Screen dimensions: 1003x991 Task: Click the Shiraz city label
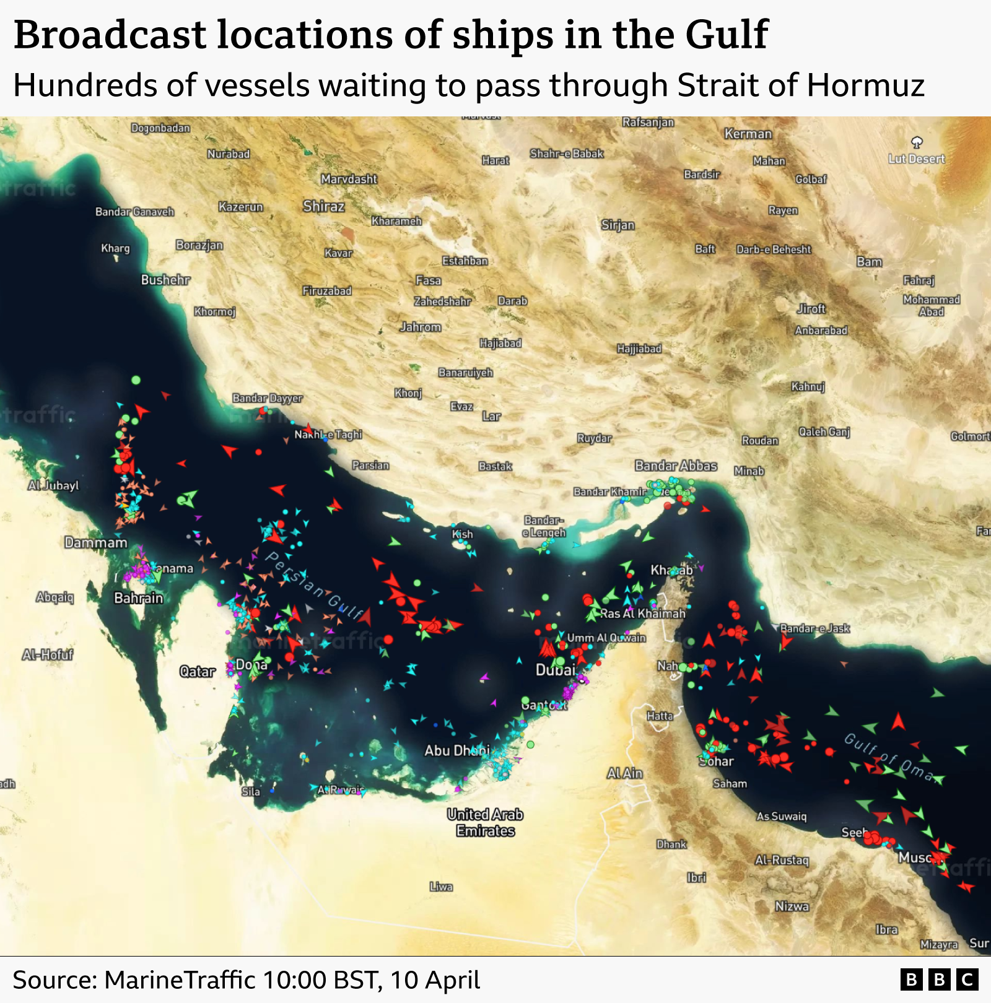point(323,206)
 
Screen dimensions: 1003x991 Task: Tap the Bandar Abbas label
point(676,466)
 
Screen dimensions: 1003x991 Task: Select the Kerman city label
point(748,134)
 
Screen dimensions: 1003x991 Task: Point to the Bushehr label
point(165,280)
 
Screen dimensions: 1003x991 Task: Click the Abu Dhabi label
point(456,750)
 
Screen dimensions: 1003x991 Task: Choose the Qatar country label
point(197,671)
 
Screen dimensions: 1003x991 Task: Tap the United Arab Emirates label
point(486,822)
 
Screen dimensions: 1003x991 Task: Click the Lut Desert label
point(917,158)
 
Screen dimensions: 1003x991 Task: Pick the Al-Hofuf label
point(48,654)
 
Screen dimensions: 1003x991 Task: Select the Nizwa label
point(792,906)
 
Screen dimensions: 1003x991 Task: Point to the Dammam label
point(96,543)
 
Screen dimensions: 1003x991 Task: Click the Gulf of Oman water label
point(889,757)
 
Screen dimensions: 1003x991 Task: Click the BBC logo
point(939,980)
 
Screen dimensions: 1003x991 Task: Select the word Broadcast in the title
point(110,35)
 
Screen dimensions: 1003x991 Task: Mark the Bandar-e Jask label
point(814,628)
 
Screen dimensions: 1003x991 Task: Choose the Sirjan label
point(618,225)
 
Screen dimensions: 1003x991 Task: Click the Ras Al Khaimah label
point(642,614)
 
